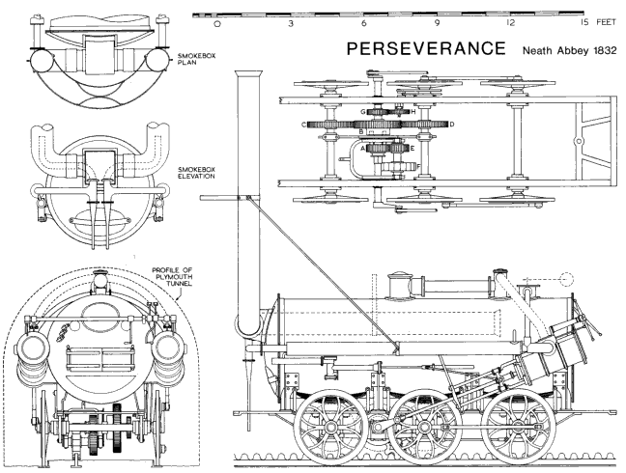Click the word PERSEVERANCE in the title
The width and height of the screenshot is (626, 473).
pos(425,47)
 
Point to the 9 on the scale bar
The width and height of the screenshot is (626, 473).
pos(437,23)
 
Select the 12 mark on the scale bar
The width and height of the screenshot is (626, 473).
pos(510,23)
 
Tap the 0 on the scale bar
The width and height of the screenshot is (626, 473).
pos(217,23)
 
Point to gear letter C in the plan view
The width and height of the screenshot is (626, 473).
pos(305,125)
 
